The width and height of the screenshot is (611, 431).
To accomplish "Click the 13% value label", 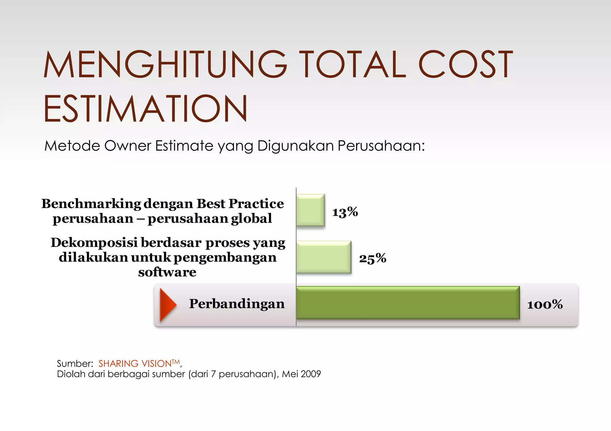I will tap(345, 212).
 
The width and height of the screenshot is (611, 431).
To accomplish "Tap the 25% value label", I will tap(372, 258).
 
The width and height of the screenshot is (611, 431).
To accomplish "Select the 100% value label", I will tap(545, 304).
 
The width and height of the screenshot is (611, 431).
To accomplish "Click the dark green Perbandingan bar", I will tap(408, 303).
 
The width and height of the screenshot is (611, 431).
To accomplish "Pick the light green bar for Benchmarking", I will tap(310, 210).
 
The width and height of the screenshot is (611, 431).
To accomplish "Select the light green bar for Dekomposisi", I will tap(323, 257).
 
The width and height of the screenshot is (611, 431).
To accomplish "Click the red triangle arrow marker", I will tap(167, 305).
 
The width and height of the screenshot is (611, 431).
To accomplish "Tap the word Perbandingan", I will tap(237, 304).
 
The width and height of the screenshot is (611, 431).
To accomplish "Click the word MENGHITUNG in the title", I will tap(165, 64).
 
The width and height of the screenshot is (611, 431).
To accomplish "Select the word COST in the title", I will tap(465, 64).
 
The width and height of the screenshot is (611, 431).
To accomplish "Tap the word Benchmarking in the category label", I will tap(91, 204).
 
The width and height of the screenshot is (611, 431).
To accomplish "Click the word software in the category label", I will tap(167, 272).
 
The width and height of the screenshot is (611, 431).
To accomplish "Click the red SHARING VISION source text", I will tap(135, 364).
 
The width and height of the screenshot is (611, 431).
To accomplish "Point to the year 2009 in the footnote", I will tap(311, 374).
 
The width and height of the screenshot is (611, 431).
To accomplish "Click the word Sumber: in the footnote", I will tap(75, 364).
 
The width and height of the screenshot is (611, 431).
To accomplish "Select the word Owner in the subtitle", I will tap(127, 146).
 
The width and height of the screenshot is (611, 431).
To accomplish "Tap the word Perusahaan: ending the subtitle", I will tap(381, 146).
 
